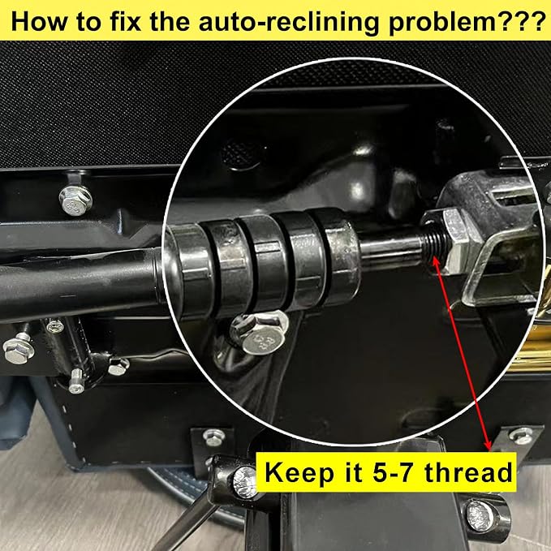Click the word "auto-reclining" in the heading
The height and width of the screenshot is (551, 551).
click(289, 21)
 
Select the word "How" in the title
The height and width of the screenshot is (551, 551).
click(38, 21)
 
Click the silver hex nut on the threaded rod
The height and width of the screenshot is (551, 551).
click(454, 238)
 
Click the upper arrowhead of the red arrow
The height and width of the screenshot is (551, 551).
click(436, 260)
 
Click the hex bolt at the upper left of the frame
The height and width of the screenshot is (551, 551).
click(75, 200)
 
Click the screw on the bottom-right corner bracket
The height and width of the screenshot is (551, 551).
click(521, 436)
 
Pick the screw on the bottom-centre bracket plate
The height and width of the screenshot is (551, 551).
click(214, 437)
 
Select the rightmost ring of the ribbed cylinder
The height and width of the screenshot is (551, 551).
click(339, 256)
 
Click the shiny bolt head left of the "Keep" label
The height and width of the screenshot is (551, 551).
click(245, 482)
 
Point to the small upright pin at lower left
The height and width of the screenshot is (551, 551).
click(76, 381)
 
